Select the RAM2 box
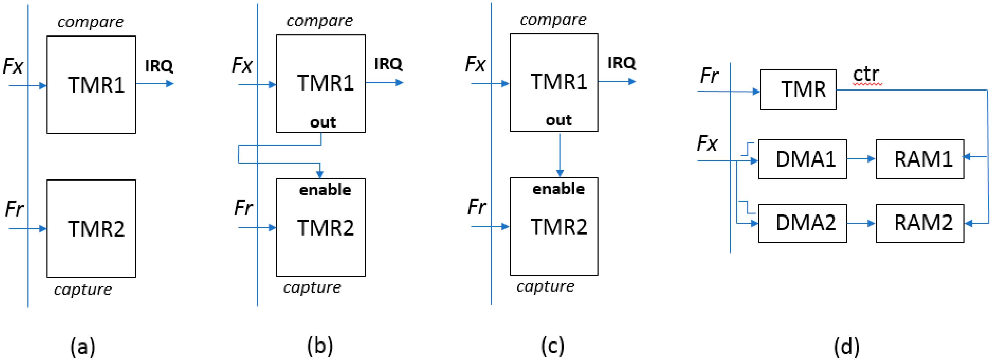pos(920,223)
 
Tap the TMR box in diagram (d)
pos(798,89)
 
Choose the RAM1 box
pos(920,159)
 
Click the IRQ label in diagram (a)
pos(159,66)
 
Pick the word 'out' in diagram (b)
pos(323,122)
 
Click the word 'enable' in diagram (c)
pos(558,189)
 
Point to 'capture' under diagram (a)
pos(83,289)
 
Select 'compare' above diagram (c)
pos(553,20)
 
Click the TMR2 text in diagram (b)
pos(325,227)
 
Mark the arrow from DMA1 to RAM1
pos(861,159)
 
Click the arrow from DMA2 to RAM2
pos(861,223)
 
